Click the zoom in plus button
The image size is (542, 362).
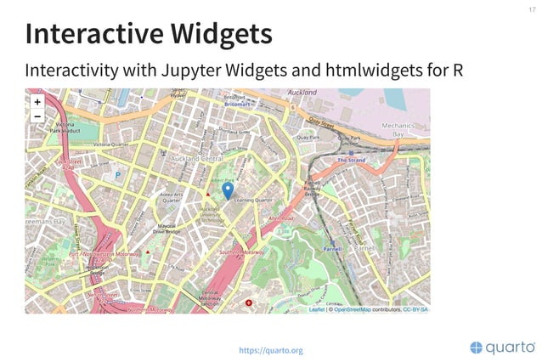[37, 101]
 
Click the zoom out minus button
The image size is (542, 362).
[37, 116]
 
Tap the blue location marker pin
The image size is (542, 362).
[228, 190]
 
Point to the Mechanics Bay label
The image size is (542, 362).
[397, 129]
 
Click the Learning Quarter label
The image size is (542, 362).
[251, 201]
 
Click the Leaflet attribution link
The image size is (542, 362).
[316, 309]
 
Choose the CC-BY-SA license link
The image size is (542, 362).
[415, 309]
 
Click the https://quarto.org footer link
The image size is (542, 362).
[270, 350]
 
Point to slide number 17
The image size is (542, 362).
[531, 9]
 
